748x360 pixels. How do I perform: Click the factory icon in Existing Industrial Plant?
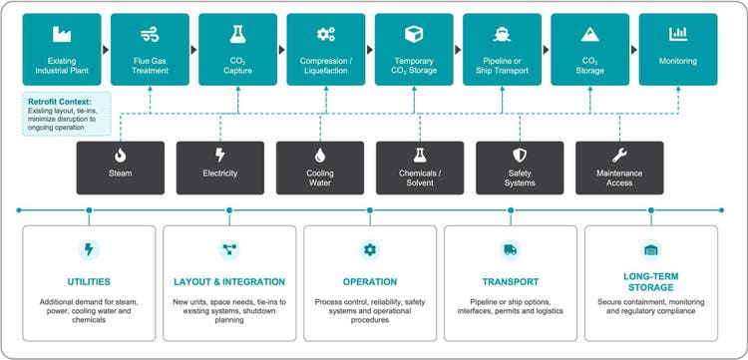pyautogui.click(x=62, y=34)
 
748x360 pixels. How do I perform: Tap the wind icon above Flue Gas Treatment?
pyautogui.click(x=150, y=34)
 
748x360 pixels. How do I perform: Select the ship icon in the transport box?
pyautogui.click(x=502, y=34)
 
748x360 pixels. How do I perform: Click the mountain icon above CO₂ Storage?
pyautogui.click(x=589, y=34)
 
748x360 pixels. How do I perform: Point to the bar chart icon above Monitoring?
pyautogui.click(x=678, y=34)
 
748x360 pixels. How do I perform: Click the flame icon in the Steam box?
pyautogui.click(x=121, y=156)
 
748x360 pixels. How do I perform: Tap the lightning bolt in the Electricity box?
pyautogui.click(x=220, y=155)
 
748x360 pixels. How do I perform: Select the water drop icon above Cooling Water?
pyautogui.click(x=319, y=156)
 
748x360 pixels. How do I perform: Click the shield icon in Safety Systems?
pyautogui.click(x=519, y=156)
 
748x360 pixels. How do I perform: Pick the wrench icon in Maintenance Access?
pyautogui.click(x=619, y=155)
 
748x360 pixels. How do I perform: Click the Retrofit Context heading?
pyautogui.click(x=59, y=102)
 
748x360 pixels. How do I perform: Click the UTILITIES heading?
pyautogui.click(x=89, y=282)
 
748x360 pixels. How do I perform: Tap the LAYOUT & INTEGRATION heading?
pyautogui.click(x=229, y=282)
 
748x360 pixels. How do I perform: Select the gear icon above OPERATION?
pyautogui.click(x=370, y=249)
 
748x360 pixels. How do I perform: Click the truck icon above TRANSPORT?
pyautogui.click(x=510, y=249)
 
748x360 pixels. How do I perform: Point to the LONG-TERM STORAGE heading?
pyautogui.click(x=650, y=282)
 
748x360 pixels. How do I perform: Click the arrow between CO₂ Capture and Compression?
pyautogui.click(x=282, y=50)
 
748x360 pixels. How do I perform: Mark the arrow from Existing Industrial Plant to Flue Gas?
pyautogui.click(x=106, y=50)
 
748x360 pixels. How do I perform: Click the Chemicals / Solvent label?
pyautogui.click(x=420, y=178)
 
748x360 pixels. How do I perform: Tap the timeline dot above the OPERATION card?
pyautogui.click(x=370, y=209)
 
